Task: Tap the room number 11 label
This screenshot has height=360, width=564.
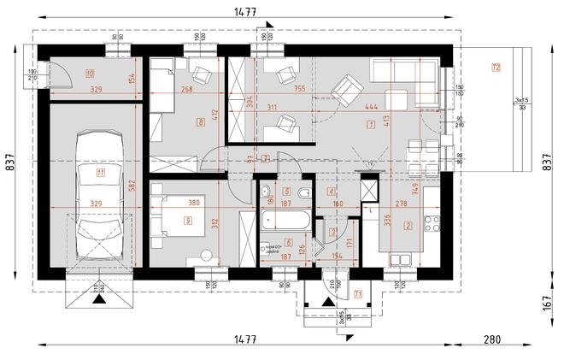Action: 100,174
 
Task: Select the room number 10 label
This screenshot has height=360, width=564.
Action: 89,74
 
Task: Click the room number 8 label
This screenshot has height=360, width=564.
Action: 201,122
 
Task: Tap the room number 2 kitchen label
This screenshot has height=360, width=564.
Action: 408,226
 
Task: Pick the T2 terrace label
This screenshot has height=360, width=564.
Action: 496,67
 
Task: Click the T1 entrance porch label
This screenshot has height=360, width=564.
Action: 359,295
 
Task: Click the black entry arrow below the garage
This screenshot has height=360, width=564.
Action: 99,300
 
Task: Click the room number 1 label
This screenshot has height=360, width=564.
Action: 370,125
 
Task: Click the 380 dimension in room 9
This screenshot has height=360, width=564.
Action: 193,203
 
